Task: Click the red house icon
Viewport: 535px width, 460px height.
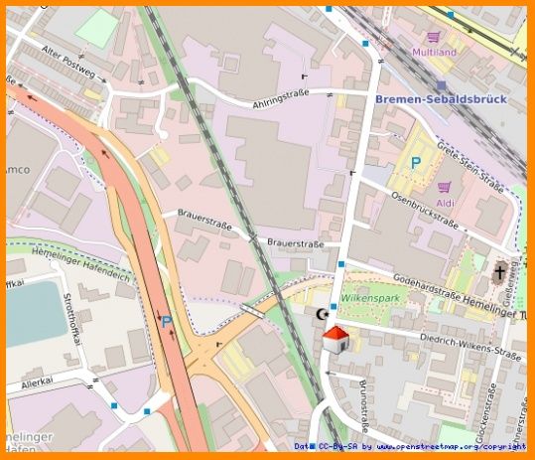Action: tap(335, 339)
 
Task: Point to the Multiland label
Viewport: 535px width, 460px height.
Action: tap(434, 51)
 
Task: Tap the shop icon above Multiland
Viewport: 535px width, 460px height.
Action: tap(434, 36)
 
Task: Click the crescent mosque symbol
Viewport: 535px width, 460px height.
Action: tap(321, 314)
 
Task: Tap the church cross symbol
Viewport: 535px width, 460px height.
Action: tap(498, 270)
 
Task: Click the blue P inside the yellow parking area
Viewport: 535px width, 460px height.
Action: tap(416, 162)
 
